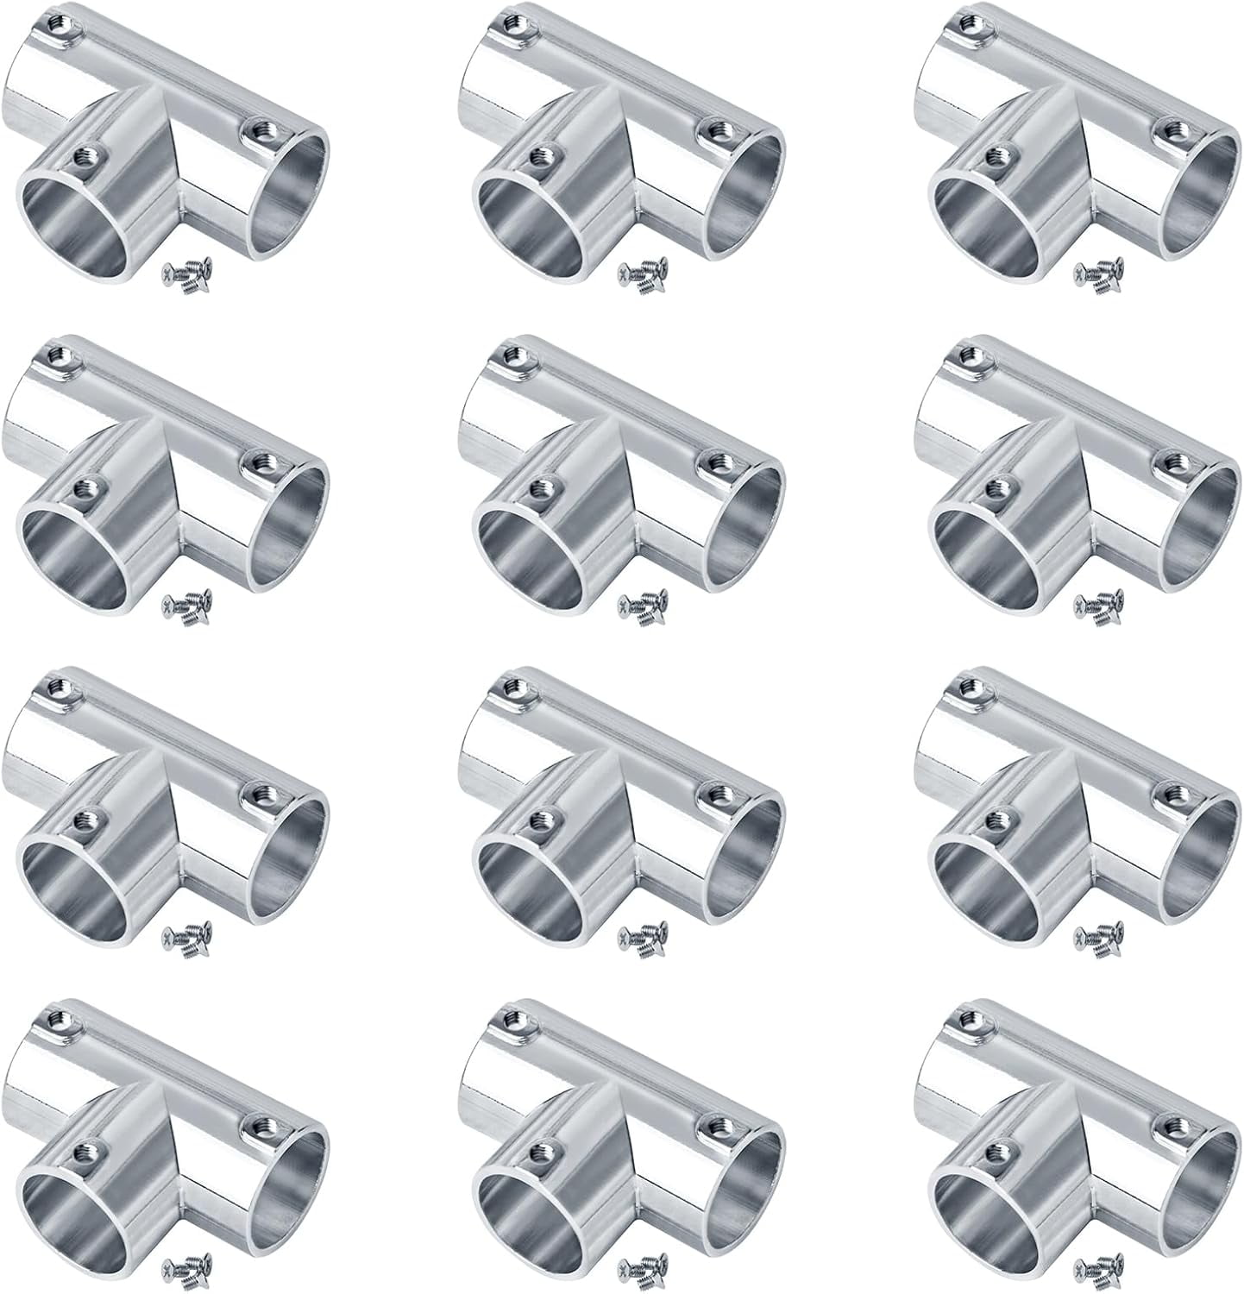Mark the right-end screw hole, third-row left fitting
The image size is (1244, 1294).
point(257,789)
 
